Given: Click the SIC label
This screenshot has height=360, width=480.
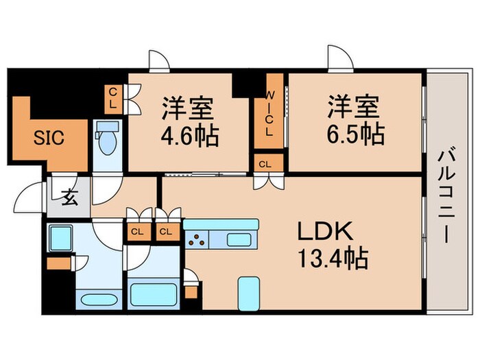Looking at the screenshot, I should pos(49,138).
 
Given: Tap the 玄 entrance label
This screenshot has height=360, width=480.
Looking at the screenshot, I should pos(70,198).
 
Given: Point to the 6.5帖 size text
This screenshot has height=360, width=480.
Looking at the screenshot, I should pos(355,130).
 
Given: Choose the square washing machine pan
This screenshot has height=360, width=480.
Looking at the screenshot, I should pos(60,237).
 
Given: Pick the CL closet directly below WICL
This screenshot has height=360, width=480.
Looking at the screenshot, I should pos(265,163).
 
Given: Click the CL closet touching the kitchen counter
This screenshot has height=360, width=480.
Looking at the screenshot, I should pos(165,231).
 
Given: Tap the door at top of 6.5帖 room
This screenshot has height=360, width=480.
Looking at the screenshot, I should pos(339,62).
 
